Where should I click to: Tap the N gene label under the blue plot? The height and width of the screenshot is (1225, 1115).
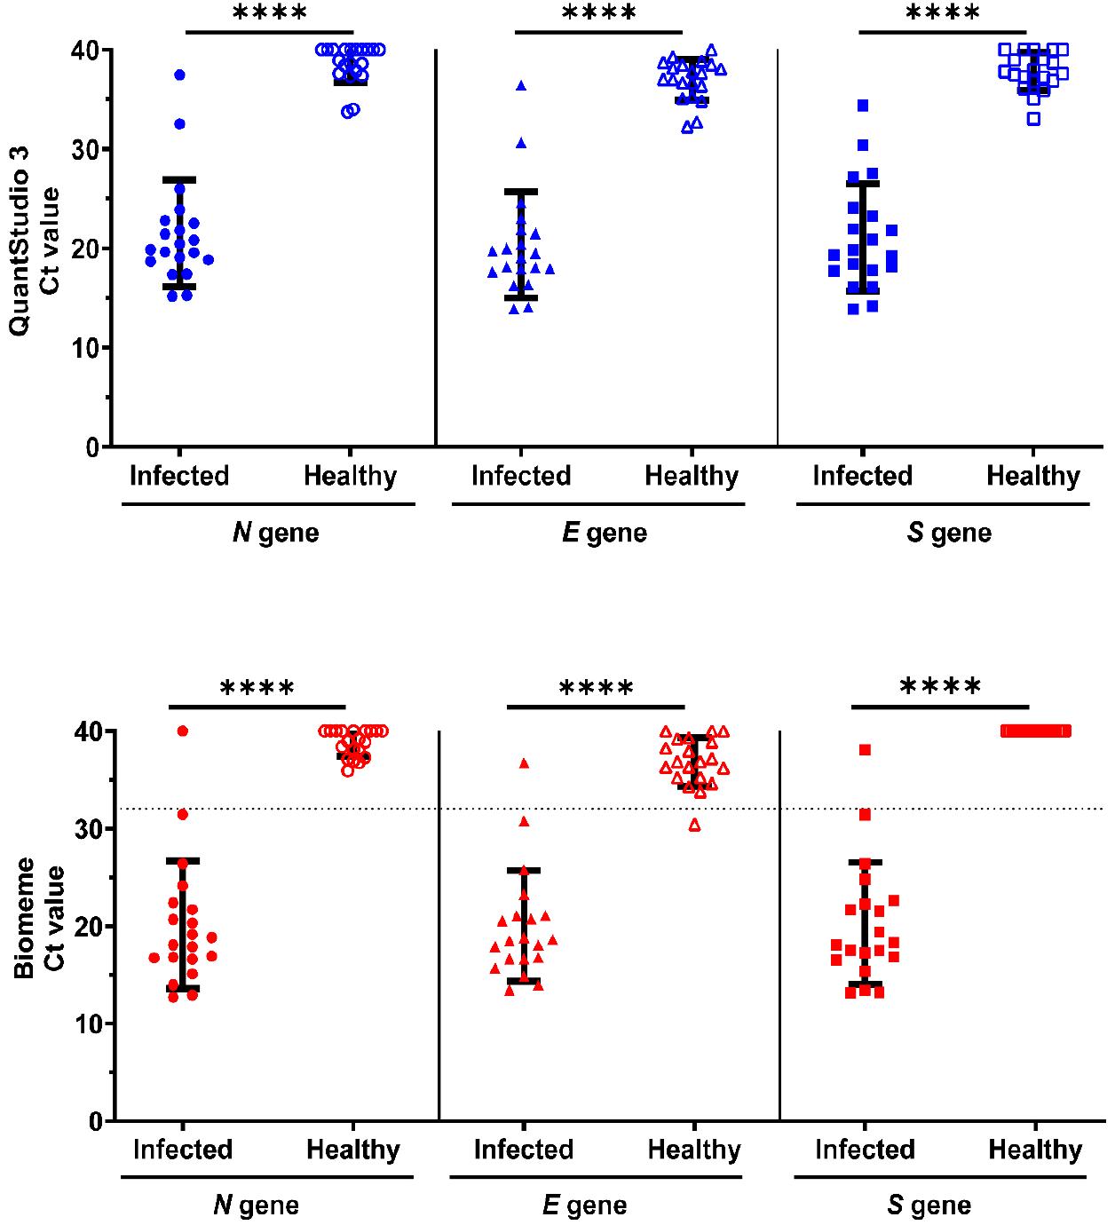click(x=275, y=533)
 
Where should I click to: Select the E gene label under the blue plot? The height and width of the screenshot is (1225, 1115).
click(x=605, y=533)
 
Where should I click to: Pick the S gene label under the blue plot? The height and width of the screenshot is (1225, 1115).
click(x=949, y=533)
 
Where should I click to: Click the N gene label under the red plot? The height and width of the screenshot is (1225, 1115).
click(x=256, y=1205)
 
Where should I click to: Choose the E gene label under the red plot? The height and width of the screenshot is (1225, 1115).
click(x=584, y=1205)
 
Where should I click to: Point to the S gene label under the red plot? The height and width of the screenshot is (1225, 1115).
click(x=929, y=1205)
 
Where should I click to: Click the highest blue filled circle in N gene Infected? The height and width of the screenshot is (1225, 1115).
click(x=179, y=75)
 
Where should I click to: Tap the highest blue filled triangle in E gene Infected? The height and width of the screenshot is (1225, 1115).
click(x=521, y=86)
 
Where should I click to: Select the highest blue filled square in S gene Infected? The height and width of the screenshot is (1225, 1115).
click(x=863, y=106)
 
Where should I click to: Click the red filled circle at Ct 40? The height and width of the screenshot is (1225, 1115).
click(x=183, y=731)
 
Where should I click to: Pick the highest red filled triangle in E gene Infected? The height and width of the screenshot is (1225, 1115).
click(x=524, y=763)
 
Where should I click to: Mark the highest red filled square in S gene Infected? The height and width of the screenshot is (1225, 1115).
click(x=865, y=750)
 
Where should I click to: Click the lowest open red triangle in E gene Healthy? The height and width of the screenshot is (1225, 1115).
click(x=695, y=826)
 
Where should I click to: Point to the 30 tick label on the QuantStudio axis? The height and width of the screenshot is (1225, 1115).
click(x=88, y=149)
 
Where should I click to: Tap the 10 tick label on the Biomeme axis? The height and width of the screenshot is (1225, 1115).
click(x=91, y=1023)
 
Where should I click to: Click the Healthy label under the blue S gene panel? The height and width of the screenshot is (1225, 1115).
click(x=1033, y=476)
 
